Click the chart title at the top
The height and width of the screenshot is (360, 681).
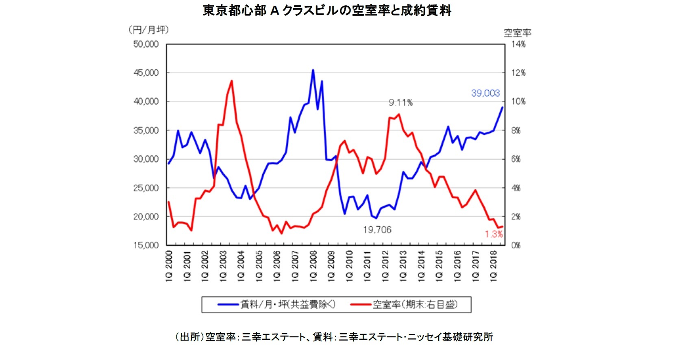click(x=327, y=11)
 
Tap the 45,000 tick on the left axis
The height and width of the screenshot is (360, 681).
click(x=146, y=73)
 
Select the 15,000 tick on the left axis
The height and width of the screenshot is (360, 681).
click(x=146, y=245)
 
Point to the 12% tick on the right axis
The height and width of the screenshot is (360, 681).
click(x=518, y=73)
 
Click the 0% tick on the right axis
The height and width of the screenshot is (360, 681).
click(x=516, y=245)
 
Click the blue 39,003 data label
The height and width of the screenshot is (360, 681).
click(x=485, y=93)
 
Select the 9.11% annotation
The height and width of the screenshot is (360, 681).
click(x=400, y=103)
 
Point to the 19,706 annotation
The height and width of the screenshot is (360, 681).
click(x=377, y=230)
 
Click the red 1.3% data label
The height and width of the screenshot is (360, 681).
click(x=494, y=234)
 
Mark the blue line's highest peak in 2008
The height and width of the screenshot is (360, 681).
click(x=313, y=70)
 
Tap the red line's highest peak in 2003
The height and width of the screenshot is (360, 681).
click(x=232, y=80)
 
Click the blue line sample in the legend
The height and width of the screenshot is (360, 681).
click(x=228, y=304)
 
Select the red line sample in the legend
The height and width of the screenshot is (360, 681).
click(x=360, y=304)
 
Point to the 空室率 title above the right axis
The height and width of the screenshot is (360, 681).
click(x=517, y=33)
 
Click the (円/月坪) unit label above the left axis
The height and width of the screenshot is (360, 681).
click(x=148, y=30)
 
